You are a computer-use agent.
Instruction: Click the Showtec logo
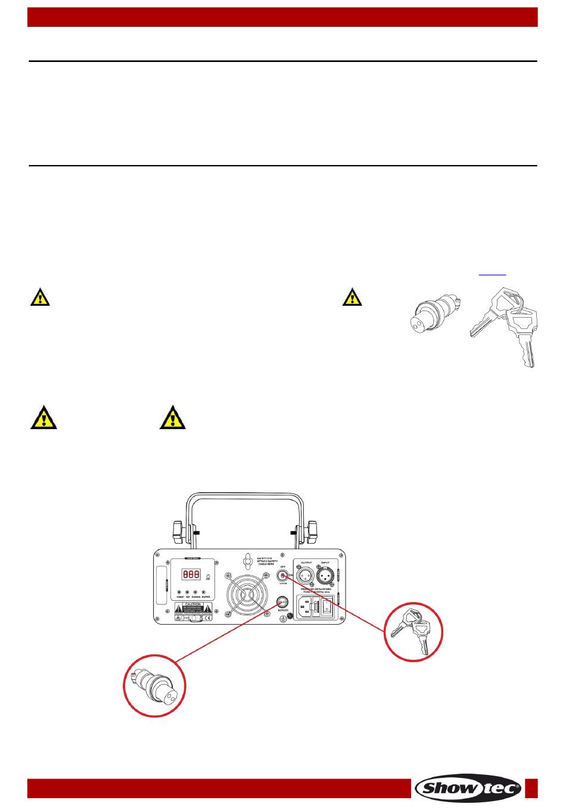coord(468,788)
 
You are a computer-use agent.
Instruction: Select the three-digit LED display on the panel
coord(191,575)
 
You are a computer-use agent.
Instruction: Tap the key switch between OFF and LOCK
coord(283,575)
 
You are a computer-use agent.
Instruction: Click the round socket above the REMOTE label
coord(284,601)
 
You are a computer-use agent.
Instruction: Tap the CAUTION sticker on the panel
coord(194,607)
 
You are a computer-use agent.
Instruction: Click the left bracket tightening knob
coord(177,530)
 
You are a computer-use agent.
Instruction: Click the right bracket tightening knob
coord(311,530)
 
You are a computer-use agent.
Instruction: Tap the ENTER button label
coord(206,596)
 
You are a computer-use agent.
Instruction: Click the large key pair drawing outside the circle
coord(505,324)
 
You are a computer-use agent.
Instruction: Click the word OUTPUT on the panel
coord(307,562)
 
